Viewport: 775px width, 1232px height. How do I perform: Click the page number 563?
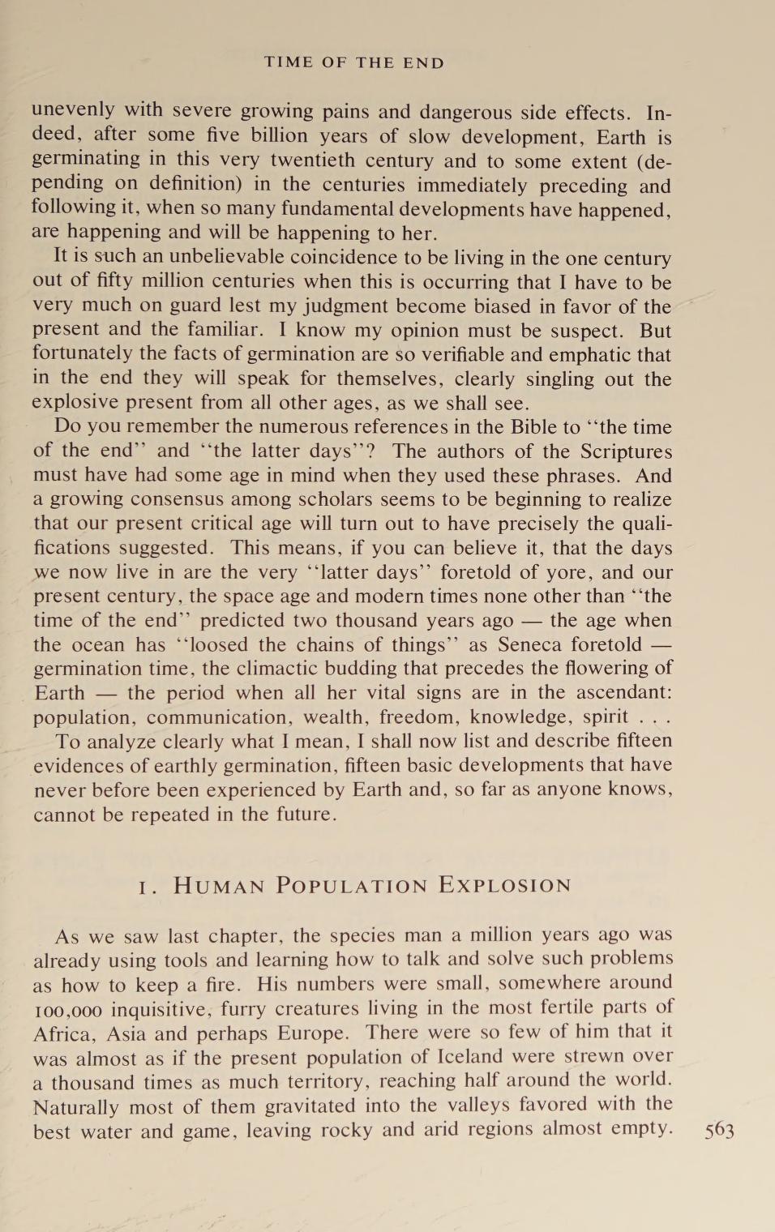(x=719, y=1130)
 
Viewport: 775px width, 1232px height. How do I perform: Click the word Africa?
(x=62, y=1034)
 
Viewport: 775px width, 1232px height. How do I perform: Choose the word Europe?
(x=312, y=1034)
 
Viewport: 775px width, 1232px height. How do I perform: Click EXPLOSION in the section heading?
(x=505, y=885)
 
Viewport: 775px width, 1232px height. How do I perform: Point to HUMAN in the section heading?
(x=219, y=885)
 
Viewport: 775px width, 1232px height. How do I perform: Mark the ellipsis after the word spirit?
(x=655, y=718)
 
